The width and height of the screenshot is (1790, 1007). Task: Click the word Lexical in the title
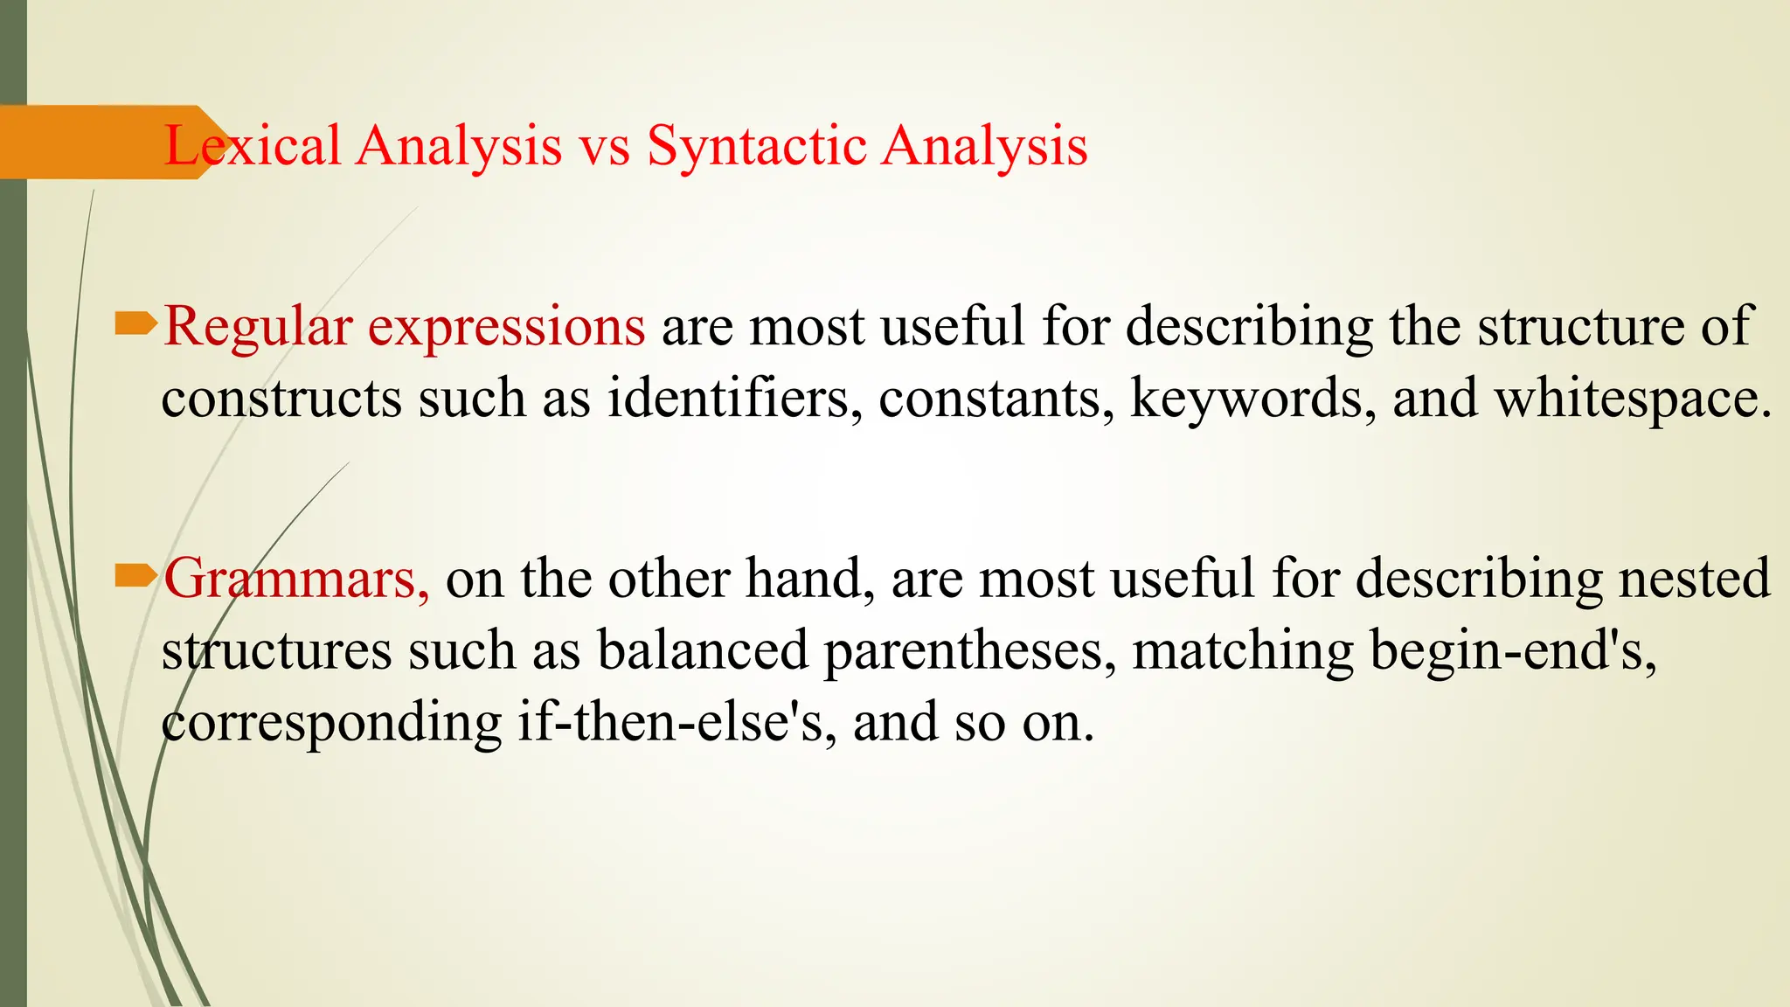pyautogui.click(x=252, y=145)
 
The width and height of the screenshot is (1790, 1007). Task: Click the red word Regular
pyautogui.click(x=258, y=327)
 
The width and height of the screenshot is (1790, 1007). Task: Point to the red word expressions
pyautogui.click(x=506, y=327)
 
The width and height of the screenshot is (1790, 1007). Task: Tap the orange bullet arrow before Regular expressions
pyautogui.click(x=135, y=324)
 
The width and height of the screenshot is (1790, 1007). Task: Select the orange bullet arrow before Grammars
pyautogui.click(x=135, y=575)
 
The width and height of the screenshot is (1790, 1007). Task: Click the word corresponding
pyautogui.click(x=331, y=723)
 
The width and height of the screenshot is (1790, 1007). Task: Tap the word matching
pyautogui.click(x=1242, y=651)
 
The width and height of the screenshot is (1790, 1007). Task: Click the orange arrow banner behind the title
pyautogui.click(x=87, y=142)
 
